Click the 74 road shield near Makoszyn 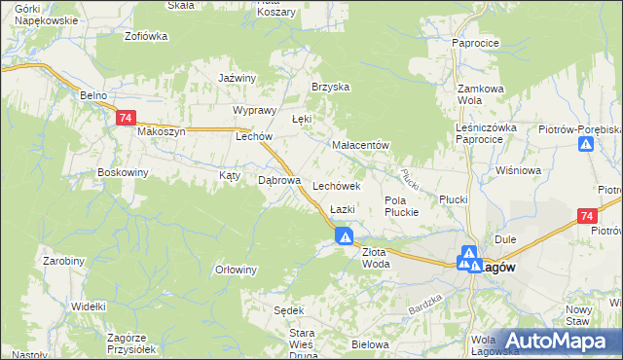pos(125,118)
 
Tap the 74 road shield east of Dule pos(585,216)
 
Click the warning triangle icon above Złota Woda pos(345,235)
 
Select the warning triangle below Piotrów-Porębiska pos(586,145)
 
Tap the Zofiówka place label pos(146,36)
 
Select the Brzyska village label pos(330,87)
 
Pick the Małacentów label pos(360,145)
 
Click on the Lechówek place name pos(337,185)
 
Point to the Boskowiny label pos(123,172)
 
